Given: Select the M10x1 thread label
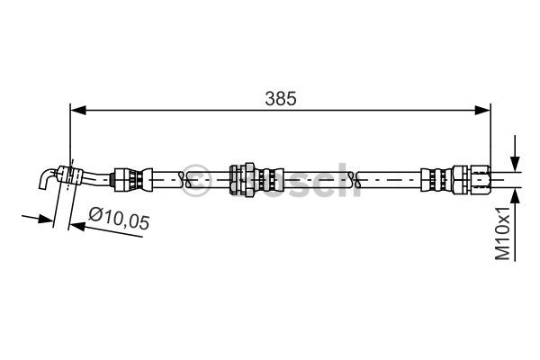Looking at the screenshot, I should tap(507, 233).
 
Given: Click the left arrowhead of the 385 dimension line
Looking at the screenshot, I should tap(77, 110).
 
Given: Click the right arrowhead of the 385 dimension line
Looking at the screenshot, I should tap(484, 110).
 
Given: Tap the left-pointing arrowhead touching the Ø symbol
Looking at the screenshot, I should tap(77, 226).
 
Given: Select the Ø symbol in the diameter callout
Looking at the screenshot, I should tap(95, 215).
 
